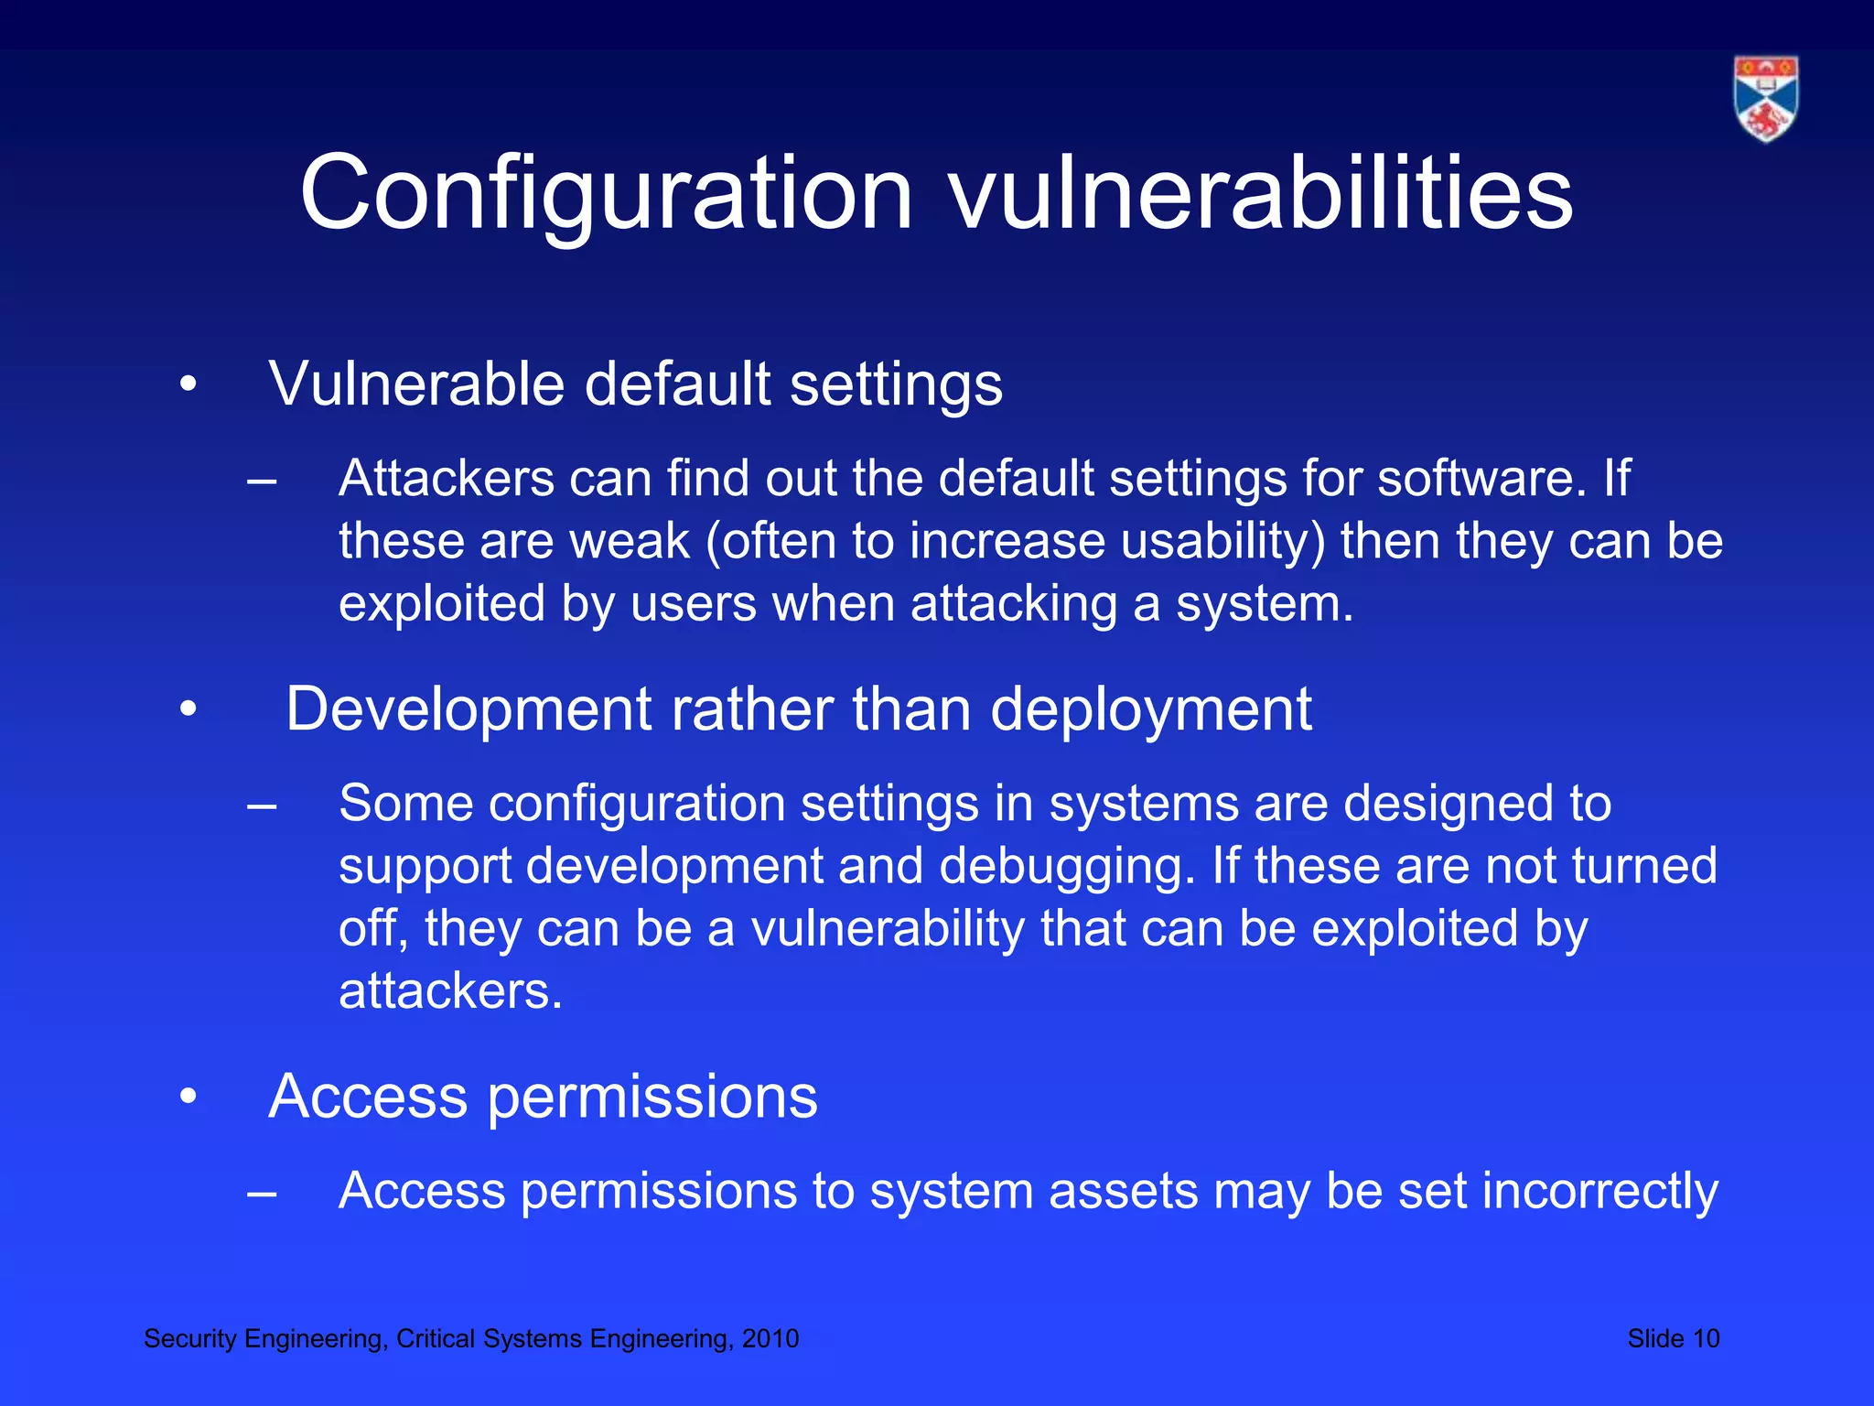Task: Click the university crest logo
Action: point(1766,99)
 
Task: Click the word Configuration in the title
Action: point(606,193)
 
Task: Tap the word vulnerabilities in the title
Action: point(1260,193)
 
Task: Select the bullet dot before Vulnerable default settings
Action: point(188,384)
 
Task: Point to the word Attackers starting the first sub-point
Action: point(447,478)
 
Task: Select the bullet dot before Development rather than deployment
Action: point(188,709)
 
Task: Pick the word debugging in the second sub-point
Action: point(1067,866)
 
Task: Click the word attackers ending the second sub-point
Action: point(449,991)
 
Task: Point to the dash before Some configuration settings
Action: point(262,806)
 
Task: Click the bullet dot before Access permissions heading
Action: point(188,1097)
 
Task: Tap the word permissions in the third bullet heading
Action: point(652,1098)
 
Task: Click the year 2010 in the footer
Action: point(770,1339)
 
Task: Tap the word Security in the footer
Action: point(190,1339)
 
